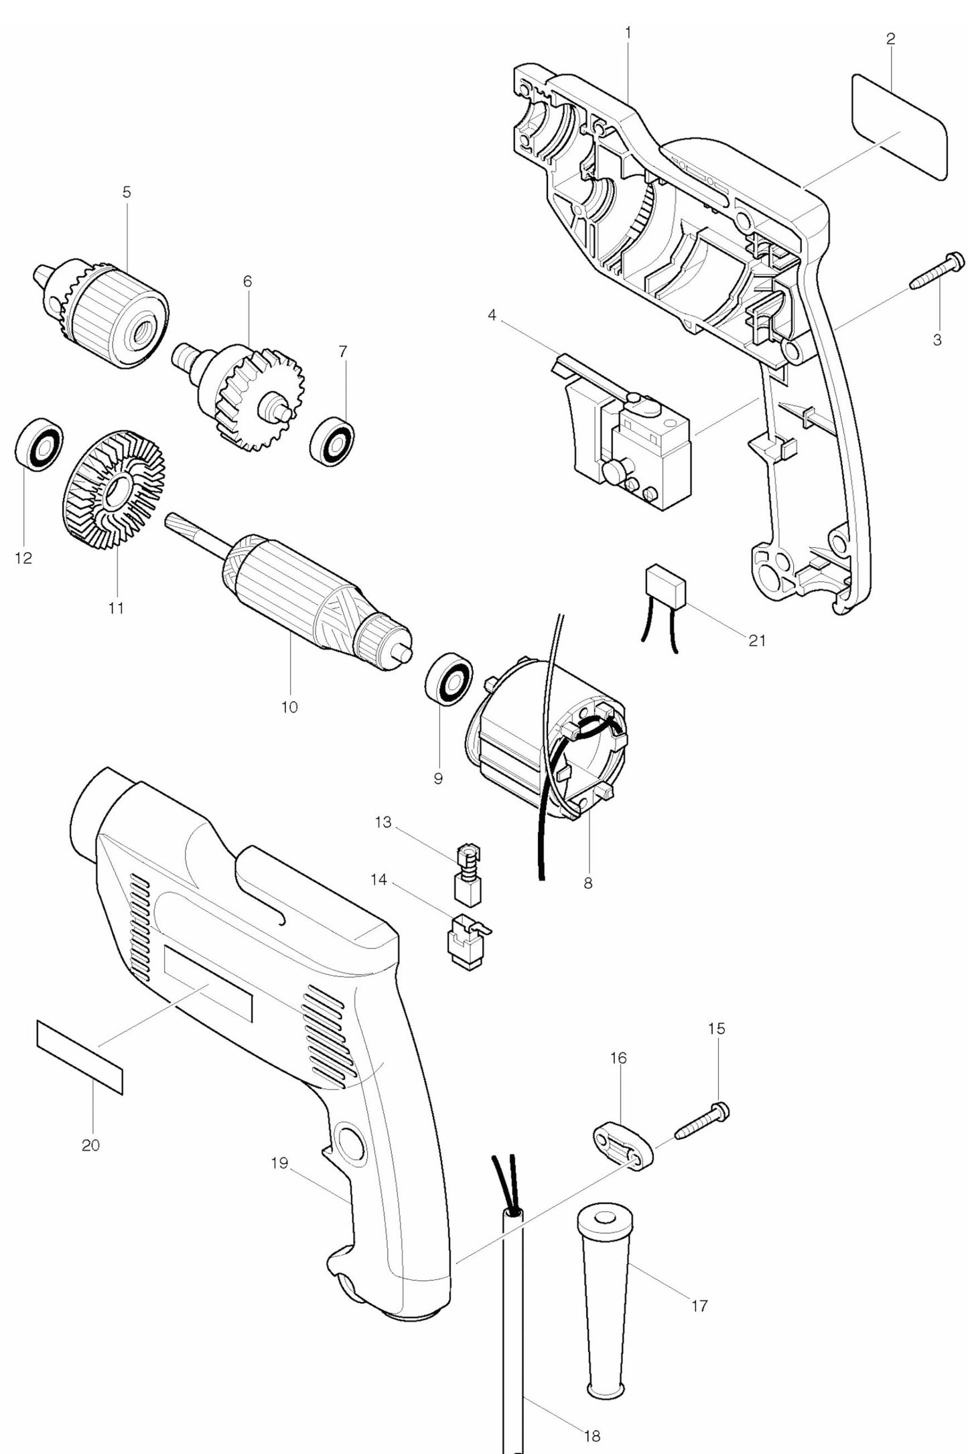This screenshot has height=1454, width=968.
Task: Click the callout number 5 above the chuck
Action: pyautogui.click(x=127, y=192)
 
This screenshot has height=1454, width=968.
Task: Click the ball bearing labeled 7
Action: pyautogui.click(x=332, y=440)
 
